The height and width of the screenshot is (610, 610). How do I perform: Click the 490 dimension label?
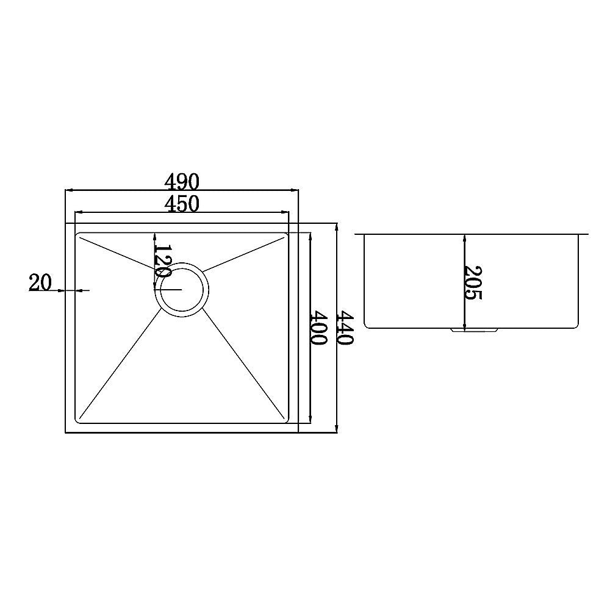tap(182, 182)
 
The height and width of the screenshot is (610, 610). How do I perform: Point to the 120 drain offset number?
tap(162, 261)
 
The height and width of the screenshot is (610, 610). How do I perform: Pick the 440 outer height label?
tap(346, 328)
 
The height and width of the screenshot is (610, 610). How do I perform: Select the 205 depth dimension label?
tap(473, 282)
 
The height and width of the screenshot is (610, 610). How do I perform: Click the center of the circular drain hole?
tap(182, 290)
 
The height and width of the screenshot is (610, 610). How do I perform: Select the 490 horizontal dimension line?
tap(122, 190)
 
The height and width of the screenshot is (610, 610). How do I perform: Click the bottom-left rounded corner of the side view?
tap(367, 325)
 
